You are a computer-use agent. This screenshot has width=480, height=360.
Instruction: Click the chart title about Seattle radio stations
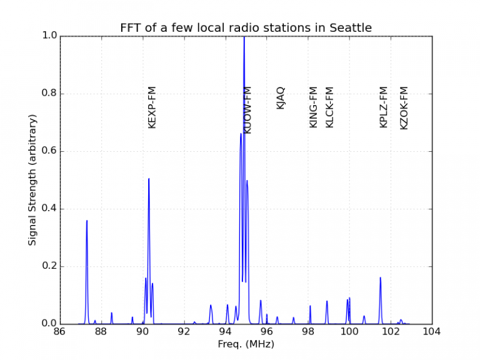[x=246, y=28]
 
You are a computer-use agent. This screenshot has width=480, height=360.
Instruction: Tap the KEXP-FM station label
[x=152, y=107]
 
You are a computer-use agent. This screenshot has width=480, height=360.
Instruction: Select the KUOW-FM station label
[x=247, y=110]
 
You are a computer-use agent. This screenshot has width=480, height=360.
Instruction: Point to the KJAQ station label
[x=280, y=98]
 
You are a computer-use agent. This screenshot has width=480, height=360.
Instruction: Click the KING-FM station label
[x=314, y=107]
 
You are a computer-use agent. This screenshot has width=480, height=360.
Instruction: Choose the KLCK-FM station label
[x=330, y=107]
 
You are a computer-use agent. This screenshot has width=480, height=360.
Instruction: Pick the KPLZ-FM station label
[x=384, y=107]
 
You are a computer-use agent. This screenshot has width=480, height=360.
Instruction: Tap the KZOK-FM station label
[x=404, y=107]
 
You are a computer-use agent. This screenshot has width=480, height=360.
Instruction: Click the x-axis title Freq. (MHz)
[x=246, y=344]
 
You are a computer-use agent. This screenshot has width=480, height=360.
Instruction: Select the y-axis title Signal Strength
[x=32, y=179]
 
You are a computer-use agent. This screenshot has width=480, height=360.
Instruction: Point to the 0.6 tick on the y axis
[x=49, y=151]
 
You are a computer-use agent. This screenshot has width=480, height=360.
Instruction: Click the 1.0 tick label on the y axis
[x=49, y=36]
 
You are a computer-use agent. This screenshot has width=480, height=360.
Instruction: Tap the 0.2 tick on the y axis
[x=49, y=266]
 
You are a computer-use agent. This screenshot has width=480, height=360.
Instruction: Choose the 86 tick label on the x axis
[x=59, y=332]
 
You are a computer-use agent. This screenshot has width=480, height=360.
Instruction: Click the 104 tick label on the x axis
[x=432, y=332]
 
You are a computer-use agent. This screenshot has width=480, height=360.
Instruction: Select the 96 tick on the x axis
[x=266, y=332]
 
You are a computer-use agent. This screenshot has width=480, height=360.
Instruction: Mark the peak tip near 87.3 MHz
[x=87, y=221]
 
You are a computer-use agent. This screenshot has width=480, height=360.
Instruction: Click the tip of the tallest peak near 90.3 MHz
[x=149, y=179]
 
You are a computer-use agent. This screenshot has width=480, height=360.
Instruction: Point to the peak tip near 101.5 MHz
[x=380, y=277]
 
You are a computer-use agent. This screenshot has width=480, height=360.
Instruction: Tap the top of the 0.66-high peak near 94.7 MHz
[x=241, y=134]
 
